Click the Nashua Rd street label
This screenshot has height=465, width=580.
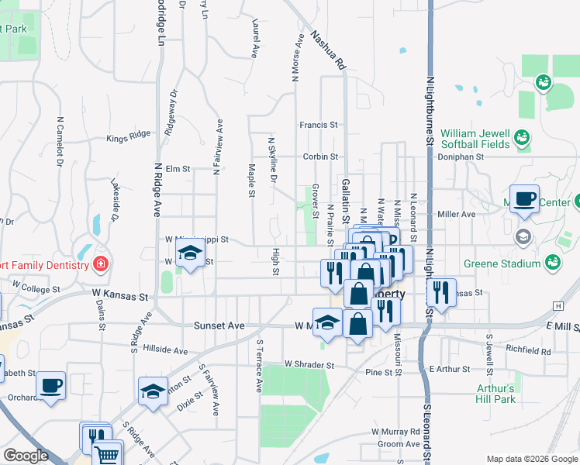coord(327,51)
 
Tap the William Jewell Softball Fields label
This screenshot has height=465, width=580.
coord(475,138)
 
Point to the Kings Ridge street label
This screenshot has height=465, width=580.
coord(129,139)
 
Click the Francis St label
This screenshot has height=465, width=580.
coord(319,124)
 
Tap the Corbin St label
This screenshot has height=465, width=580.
coord(320,156)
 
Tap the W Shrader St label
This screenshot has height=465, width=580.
coord(309,363)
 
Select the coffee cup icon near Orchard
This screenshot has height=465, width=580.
coord(51,385)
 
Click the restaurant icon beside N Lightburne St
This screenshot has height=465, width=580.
coord(441,292)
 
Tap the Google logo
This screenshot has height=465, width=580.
coord(26,456)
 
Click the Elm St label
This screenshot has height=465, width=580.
coord(178,169)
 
